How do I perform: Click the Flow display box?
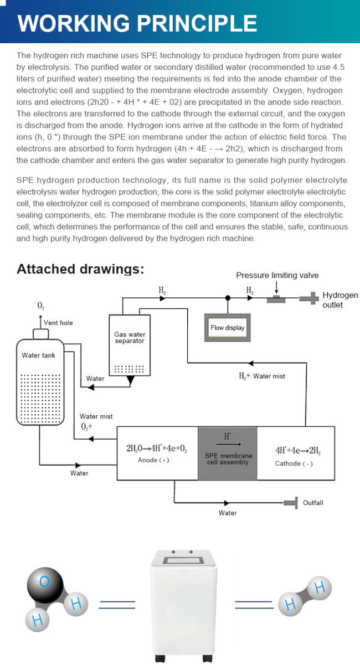[228, 327]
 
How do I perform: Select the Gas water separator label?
[130, 337]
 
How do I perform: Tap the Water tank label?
[38, 355]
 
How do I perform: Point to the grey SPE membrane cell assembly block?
[228, 453]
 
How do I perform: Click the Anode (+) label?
[153, 460]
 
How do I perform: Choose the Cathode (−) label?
[294, 463]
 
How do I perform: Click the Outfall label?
[313, 503]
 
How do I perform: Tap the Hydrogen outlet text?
[340, 300]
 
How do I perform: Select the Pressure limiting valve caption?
[277, 275]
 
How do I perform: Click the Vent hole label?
[58, 323]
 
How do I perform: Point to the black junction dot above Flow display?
[228, 297]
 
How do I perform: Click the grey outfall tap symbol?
[291, 503]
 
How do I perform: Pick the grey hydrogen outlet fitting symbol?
[310, 298]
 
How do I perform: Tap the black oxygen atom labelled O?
[45, 584]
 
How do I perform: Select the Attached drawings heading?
[80, 269]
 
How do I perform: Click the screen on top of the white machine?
[183, 560]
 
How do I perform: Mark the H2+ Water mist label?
[262, 376]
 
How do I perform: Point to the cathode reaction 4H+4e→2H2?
[298, 451]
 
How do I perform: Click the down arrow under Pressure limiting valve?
[277, 287]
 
